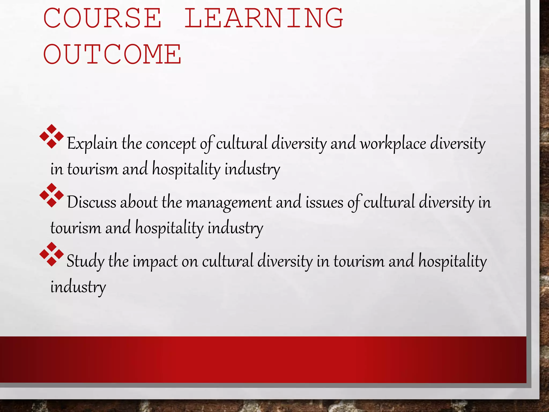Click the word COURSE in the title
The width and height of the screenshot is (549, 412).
tap(102, 18)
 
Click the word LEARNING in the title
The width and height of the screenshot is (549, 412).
tap(264, 18)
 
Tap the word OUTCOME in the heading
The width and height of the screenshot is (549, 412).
tap(112, 54)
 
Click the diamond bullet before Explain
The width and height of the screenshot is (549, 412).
tap(51, 137)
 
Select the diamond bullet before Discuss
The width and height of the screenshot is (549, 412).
tap(51, 196)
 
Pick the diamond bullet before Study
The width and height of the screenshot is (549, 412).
tap(51, 254)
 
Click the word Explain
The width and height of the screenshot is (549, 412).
tap(92, 144)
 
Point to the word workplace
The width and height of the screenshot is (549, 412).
tap(393, 144)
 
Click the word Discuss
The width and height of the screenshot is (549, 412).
tap(91, 202)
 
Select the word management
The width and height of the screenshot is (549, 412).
tap(229, 203)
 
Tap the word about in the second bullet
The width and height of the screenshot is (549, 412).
tap(139, 202)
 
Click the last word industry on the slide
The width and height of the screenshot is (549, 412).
tap(78, 287)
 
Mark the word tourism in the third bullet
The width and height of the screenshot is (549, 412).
tap(359, 261)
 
